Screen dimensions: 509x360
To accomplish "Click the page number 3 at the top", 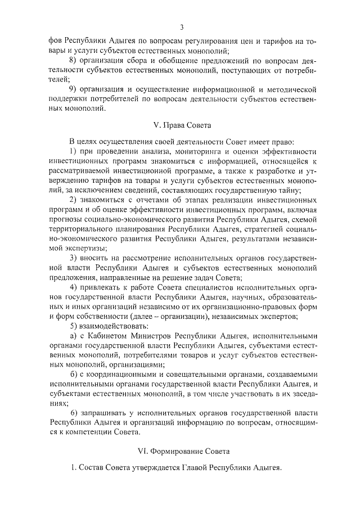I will coord(182,26).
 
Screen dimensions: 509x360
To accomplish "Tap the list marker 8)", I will coord(73,60).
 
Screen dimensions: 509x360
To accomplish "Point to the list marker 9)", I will coord(73,89).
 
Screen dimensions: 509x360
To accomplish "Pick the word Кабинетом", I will coord(104,337).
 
